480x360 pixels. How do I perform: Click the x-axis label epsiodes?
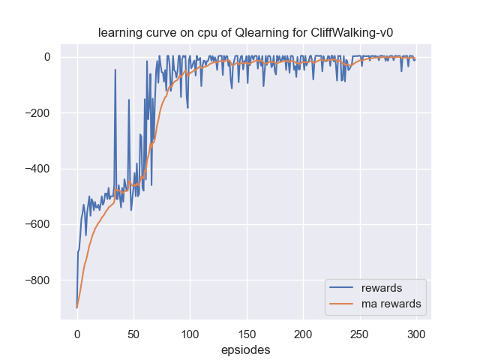coord(246,349)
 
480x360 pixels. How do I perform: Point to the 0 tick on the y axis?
coord(46,57)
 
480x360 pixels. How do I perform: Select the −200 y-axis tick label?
coord(37,113)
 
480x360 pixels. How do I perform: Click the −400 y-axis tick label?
coord(37,169)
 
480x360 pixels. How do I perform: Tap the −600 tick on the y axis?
coord(37,224)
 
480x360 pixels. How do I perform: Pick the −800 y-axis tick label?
coord(37,280)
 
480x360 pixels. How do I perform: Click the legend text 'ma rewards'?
coord(391,304)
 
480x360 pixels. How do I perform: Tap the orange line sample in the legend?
coord(342,304)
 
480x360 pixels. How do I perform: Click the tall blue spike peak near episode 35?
coord(115,70)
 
